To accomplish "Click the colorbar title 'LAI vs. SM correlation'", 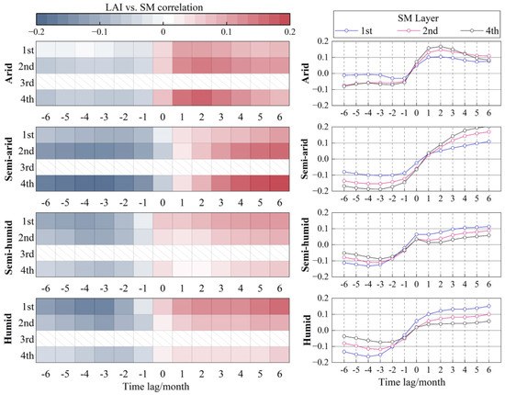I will click(164, 8).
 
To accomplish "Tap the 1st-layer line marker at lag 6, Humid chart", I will click(488, 307).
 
